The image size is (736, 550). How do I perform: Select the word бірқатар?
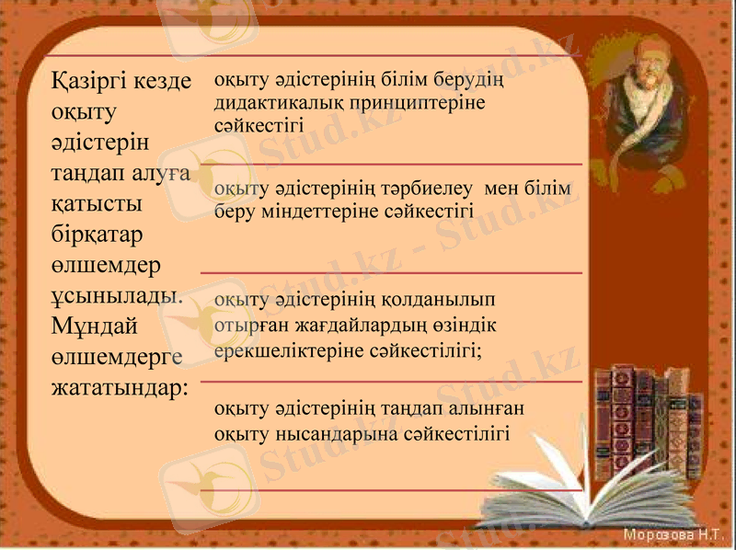point(98,234)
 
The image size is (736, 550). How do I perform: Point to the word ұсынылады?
point(118,295)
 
